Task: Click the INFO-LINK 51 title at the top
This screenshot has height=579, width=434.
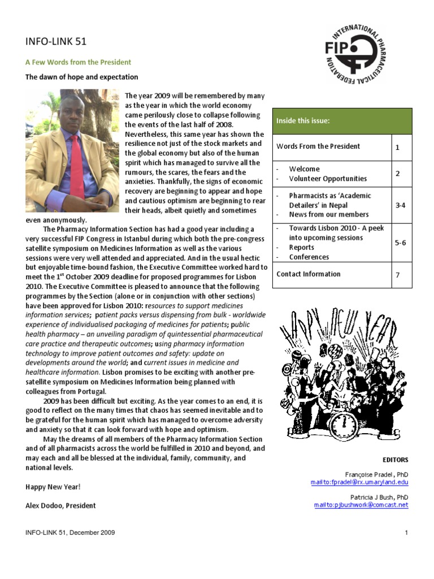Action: click(x=56, y=41)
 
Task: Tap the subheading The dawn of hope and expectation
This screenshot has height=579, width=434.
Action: click(x=81, y=77)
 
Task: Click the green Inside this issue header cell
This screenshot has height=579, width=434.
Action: click(x=342, y=121)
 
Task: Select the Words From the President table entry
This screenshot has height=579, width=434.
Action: click(x=318, y=146)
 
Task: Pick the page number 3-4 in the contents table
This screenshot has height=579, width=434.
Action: click(x=400, y=205)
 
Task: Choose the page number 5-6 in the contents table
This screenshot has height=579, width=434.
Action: click(x=400, y=243)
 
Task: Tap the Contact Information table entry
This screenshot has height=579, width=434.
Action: click(x=309, y=274)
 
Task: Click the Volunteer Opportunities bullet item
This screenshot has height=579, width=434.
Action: click(x=328, y=179)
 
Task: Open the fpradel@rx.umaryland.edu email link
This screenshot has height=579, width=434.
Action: click(x=359, y=482)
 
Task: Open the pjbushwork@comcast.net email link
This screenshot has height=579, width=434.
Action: click(x=361, y=505)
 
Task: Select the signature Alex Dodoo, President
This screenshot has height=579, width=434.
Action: click(x=60, y=505)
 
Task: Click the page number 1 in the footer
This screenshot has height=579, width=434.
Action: click(x=406, y=533)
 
